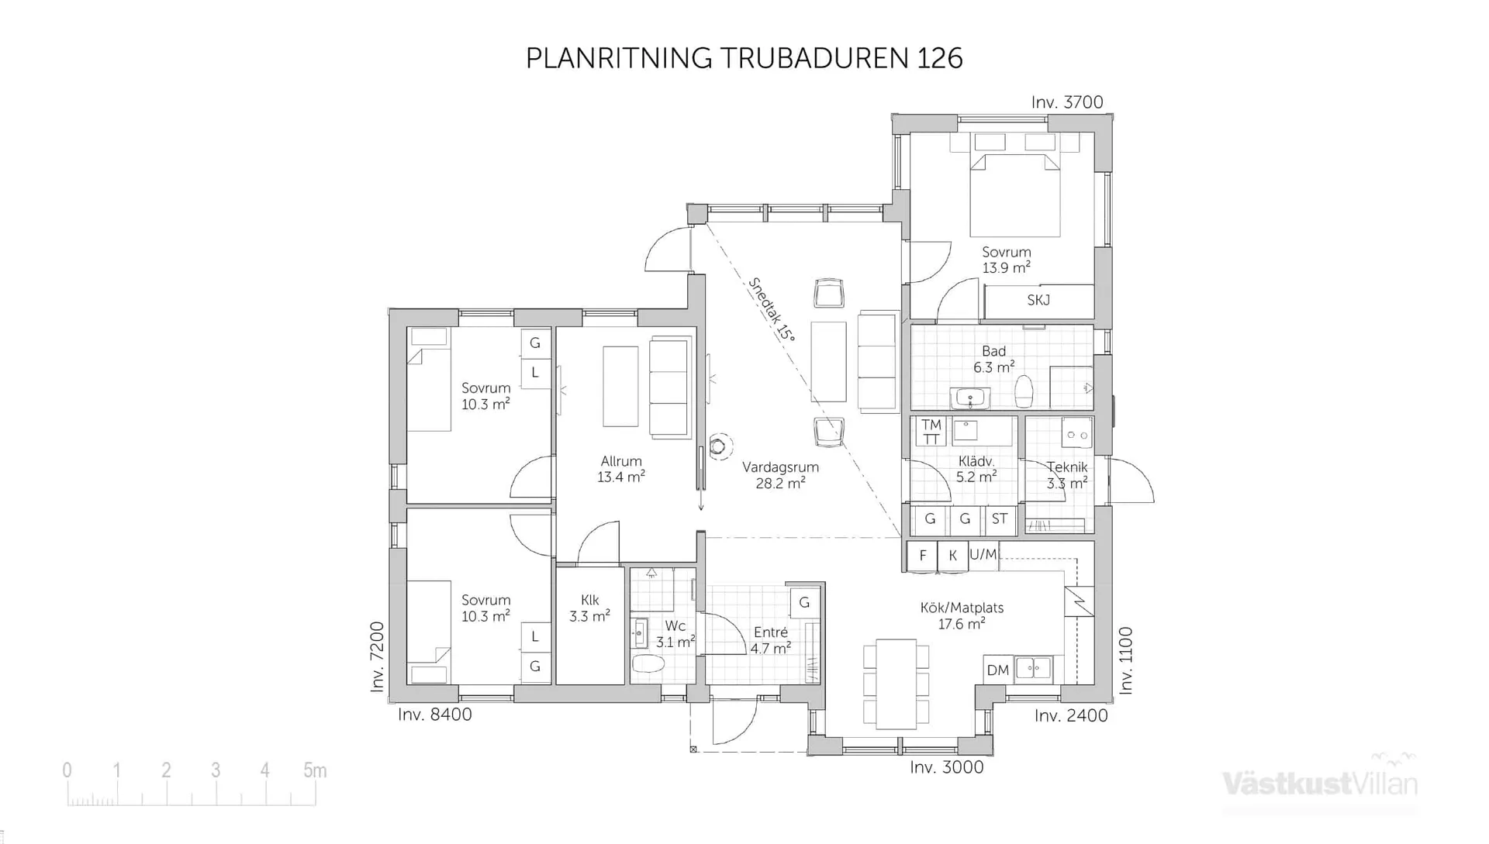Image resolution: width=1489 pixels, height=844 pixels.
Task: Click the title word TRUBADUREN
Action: pyautogui.click(x=815, y=58)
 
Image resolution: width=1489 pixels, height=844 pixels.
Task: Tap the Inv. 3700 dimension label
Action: pyautogui.click(x=1066, y=102)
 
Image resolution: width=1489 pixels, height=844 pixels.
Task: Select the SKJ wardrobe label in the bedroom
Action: pyautogui.click(x=1038, y=301)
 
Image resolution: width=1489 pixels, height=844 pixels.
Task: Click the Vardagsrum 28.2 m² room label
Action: pyautogui.click(x=780, y=475)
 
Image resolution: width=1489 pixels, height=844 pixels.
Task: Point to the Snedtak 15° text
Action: pyautogui.click(x=772, y=310)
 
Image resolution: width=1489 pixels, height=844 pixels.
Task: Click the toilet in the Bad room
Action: pyautogui.click(x=1024, y=391)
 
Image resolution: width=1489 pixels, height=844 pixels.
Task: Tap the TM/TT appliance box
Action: pyautogui.click(x=931, y=432)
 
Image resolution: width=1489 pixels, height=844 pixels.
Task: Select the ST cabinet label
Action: pyautogui.click(x=1000, y=519)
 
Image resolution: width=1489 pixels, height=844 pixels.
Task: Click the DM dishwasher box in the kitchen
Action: pyautogui.click(x=997, y=670)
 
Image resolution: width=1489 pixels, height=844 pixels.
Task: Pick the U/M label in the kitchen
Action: pyautogui.click(x=983, y=555)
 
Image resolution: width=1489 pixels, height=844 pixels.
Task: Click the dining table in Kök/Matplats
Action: pyautogui.click(x=896, y=684)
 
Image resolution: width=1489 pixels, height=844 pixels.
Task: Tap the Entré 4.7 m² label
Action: pyautogui.click(x=770, y=640)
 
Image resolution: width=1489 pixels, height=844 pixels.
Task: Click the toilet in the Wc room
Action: pyautogui.click(x=648, y=664)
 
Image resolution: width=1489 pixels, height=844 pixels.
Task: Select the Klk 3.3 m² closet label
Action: pyautogui.click(x=589, y=608)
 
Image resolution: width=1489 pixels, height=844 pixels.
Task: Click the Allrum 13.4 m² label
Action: pyautogui.click(x=620, y=469)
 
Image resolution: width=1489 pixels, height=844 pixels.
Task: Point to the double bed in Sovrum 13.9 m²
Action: pyautogui.click(x=1014, y=195)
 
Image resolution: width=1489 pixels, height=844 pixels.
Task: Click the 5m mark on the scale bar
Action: pyautogui.click(x=314, y=771)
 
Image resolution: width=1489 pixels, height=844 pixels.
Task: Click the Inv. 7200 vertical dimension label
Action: pyautogui.click(x=378, y=656)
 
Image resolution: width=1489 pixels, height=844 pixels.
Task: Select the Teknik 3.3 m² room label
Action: pyautogui.click(x=1067, y=475)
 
